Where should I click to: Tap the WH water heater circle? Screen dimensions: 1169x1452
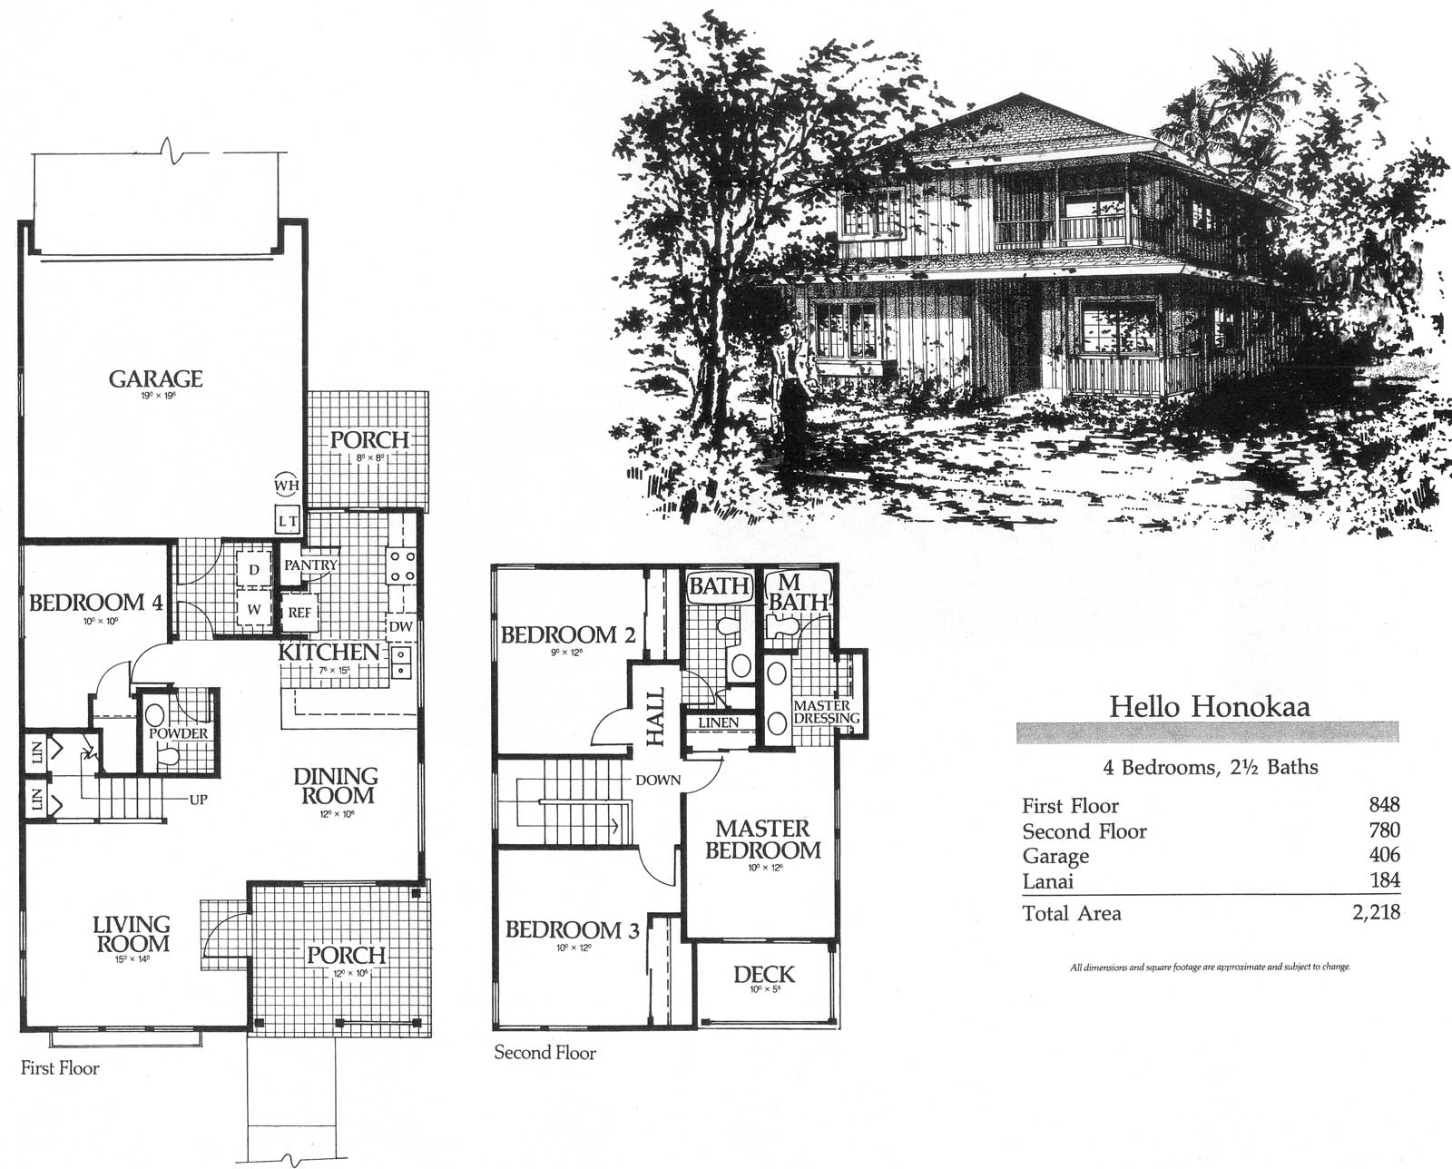(287, 486)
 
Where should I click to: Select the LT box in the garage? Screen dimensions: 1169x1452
(288, 521)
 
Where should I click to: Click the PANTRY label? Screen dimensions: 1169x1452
(310, 565)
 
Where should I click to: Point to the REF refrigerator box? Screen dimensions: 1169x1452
(299, 613)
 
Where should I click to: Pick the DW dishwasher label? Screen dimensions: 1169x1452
(400, 626)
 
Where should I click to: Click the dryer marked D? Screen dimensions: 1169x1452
(254, 570)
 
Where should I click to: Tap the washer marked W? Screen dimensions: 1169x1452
(254, 610)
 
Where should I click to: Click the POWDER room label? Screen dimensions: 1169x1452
(178, 733)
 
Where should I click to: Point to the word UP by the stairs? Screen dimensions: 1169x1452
(198, 800)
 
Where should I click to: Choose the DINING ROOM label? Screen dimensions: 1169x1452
(335, 786)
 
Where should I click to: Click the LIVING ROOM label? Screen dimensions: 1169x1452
(132, 933)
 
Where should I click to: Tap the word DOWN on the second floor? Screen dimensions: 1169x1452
(657, 780)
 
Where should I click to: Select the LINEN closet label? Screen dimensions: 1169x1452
(719, 722)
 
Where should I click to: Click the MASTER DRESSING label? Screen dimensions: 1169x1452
(826, 712)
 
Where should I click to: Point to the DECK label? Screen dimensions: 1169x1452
(763, 974)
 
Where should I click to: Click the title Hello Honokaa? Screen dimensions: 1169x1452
(1209, 706)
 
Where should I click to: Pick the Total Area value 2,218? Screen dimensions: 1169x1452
(1376, 913)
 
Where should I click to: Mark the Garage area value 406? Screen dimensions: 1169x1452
(1384, 855)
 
